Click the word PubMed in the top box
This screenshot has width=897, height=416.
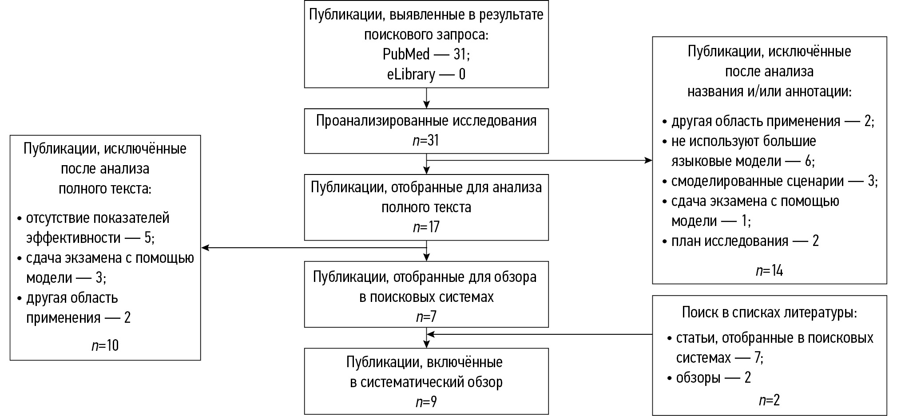click(406, 54)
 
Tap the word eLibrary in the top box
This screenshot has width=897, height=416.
click(411, 74)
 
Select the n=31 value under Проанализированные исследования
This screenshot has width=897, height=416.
click(426, 141)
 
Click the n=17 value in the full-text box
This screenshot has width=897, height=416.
click(426, 227)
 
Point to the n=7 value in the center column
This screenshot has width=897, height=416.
click(426, 317)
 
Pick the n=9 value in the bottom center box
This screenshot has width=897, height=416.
click(426, 402)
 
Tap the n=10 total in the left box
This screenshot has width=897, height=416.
click(105, 345)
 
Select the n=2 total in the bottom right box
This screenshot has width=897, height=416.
click(769, 400)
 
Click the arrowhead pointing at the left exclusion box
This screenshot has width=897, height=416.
click(206, 248)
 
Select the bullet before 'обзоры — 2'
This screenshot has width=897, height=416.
click(670, 378)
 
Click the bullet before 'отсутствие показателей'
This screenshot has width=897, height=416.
click(19, 219)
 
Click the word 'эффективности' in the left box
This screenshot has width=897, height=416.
click(73, 238)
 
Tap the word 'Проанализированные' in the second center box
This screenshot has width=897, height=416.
click(382, 121)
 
